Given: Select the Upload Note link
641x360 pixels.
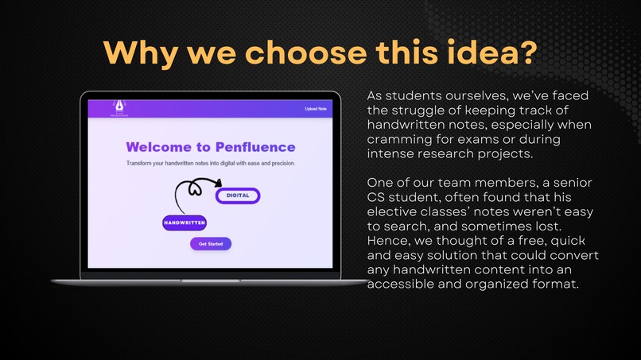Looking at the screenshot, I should (315, 109).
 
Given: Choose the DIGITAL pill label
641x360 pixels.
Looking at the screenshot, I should (238, 195).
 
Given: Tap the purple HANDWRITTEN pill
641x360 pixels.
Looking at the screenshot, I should (185, 223).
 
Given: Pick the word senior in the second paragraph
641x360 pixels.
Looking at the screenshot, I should (568, 183).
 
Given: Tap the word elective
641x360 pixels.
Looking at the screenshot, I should (394, 212).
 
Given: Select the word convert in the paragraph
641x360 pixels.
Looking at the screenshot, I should (573, 256).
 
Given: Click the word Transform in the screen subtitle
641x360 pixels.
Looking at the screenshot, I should (145, 163).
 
